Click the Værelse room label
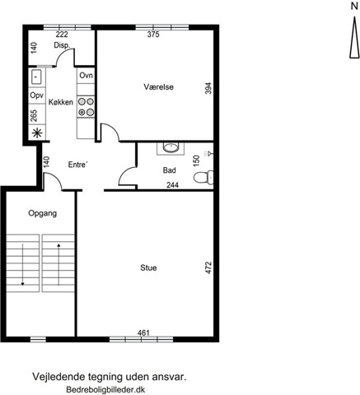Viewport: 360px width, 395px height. point(158,87)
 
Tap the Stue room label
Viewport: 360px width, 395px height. point(148,267)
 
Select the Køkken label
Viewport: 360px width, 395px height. point(61,102)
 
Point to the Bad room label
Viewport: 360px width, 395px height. point(169,170)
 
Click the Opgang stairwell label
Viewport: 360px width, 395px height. point(43,213)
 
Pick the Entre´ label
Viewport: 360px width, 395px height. point(78,165)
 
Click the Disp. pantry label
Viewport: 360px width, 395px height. point(62,45)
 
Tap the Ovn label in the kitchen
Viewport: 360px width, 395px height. point(86,75)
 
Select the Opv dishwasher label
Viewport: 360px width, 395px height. point(37,95)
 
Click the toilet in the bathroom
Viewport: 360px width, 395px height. point(203,177)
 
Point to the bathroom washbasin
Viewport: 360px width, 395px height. point(171,147)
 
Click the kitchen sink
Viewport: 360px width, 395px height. point(36,77)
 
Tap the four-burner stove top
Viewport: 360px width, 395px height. point(86,107)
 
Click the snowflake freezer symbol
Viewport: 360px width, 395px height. point(37,133)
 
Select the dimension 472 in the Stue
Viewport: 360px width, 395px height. point(208,267)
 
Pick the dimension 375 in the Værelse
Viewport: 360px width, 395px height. point(153,35)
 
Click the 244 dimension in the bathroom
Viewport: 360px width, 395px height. point(173,185)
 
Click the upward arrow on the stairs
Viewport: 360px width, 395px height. point(58,264)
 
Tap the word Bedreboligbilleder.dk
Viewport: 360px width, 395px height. point(105,389)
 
